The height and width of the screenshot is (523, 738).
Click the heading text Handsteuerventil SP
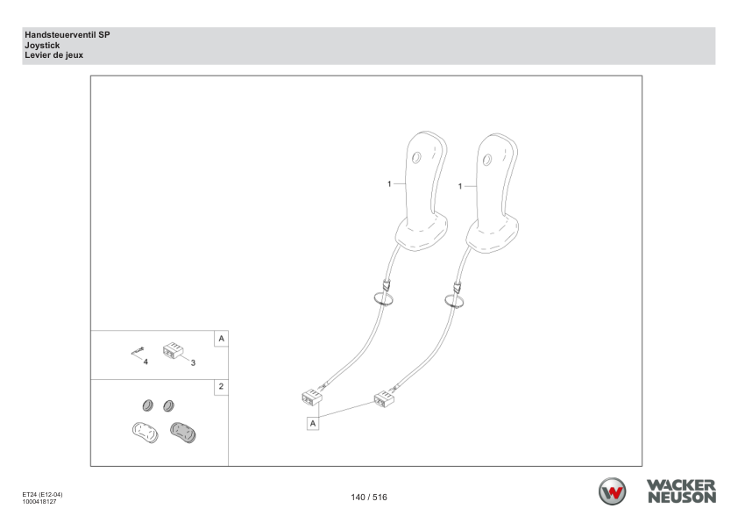click(x=67, y=35)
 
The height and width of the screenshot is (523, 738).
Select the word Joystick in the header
click(x=42, y=46)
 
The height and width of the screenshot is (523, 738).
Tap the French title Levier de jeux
click(x=54, y=55)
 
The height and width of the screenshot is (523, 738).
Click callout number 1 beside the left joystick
click(x=389, y=183)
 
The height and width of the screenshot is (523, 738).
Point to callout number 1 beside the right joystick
click(x=460, y=187)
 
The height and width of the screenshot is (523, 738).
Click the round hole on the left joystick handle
click(x=416, y=157)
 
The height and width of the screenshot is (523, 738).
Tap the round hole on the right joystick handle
click(x=487, y=160)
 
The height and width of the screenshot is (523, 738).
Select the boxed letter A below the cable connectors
click(x=313, y=424)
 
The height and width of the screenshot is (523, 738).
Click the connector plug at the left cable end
click(x=311, y=398)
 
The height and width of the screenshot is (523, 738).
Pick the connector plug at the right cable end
click(x=384, y=399)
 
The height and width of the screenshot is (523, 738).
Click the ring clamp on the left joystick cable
click(x=384, y=298)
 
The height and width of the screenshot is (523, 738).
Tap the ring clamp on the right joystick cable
click(x=455, y=301)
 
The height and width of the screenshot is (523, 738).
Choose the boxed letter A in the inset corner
click(x=221, y=339)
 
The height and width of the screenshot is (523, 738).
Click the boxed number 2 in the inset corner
click(x=221, y=387)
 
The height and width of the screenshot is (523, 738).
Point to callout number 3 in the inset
click(x=193, y=362)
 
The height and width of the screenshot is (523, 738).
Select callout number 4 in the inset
click(x=145, y=362)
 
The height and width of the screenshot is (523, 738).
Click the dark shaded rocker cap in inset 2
click(x=183, y=433)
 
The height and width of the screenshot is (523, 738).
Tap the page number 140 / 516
click(x=369, y=497)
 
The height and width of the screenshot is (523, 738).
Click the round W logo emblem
click(x=612, y=491)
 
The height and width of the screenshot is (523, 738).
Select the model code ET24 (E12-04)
click(x=42, y=495)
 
